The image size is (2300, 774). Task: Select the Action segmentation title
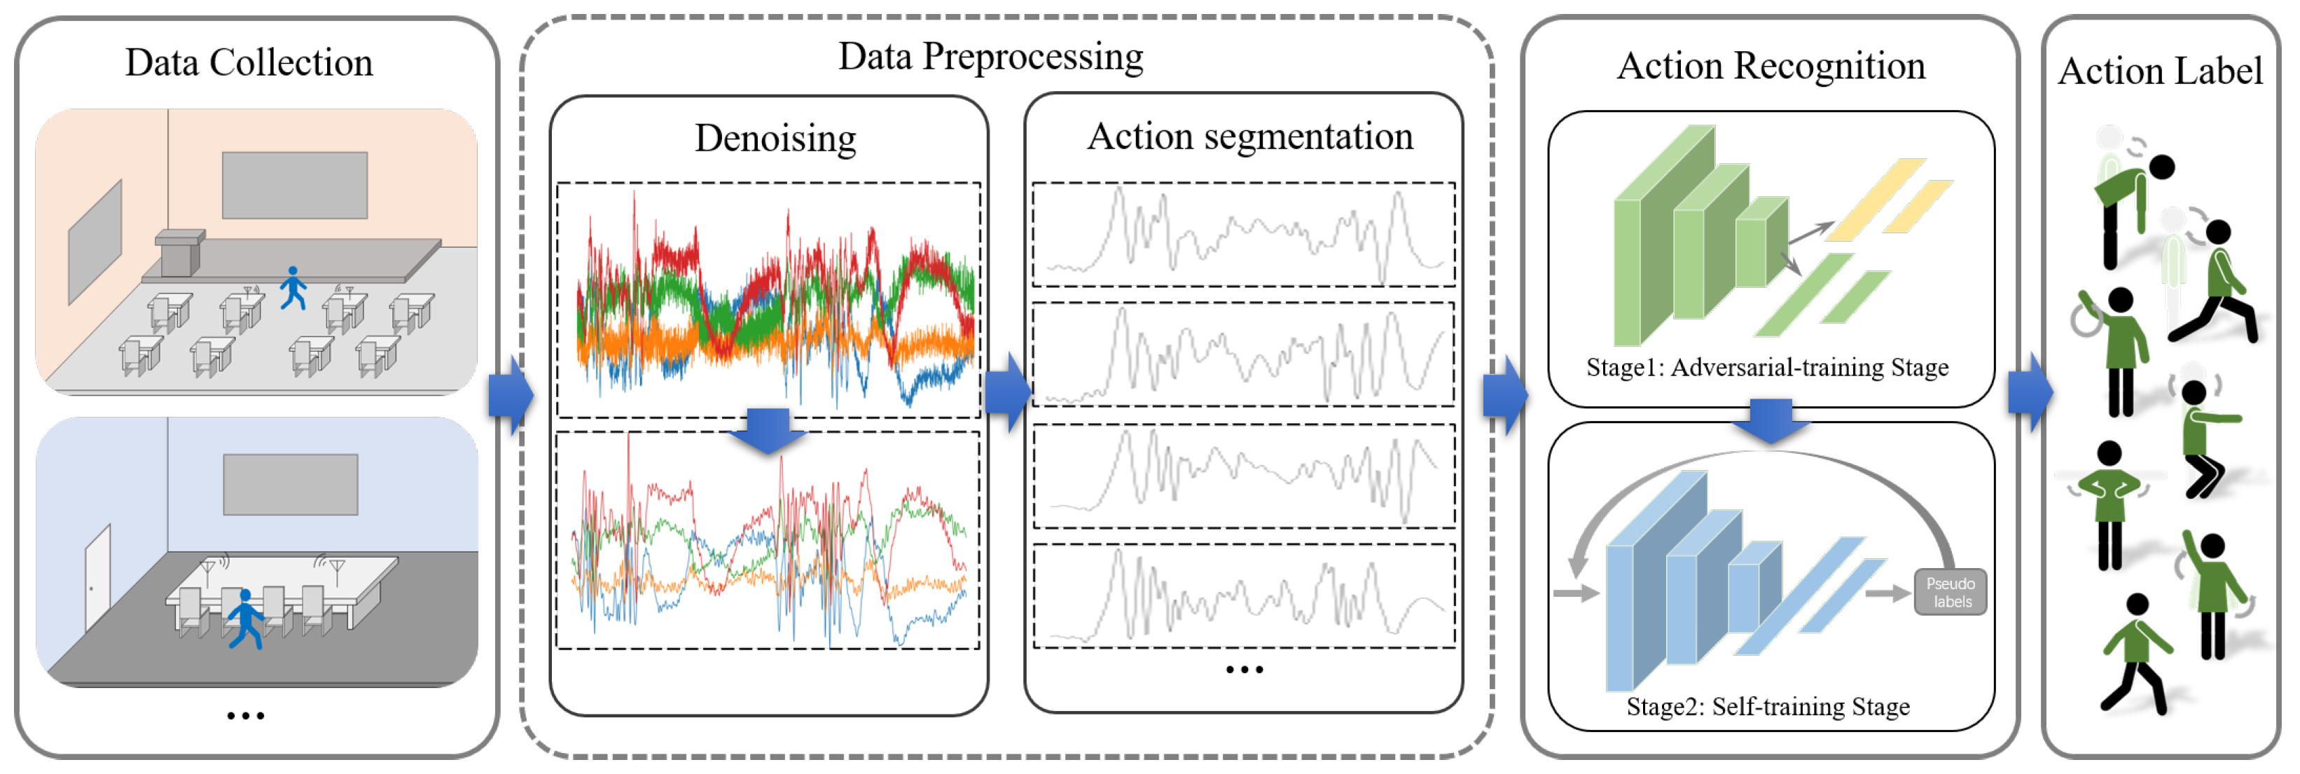point(1249,137)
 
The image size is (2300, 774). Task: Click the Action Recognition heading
point(1771,66)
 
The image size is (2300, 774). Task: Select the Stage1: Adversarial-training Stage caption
point(1766,368)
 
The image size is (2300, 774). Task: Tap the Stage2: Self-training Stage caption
point(1767,707)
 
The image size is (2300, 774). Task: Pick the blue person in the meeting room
point(244,617)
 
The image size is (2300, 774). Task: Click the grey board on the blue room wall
point(290,484)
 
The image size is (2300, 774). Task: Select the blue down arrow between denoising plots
point(767,430)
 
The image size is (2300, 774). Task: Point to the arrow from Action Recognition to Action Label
point(2030,393)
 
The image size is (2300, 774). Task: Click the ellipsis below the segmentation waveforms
point(1244,670)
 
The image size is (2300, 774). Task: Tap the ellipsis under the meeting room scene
point(246,716)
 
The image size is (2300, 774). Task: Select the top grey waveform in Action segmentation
point(1243,234)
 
